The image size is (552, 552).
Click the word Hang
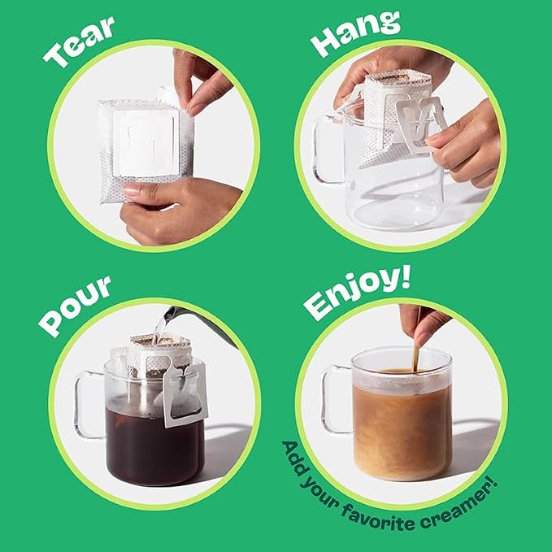coord(356,33)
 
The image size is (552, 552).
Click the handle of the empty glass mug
coord(324,148)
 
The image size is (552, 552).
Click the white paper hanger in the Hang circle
coord(420,124)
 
